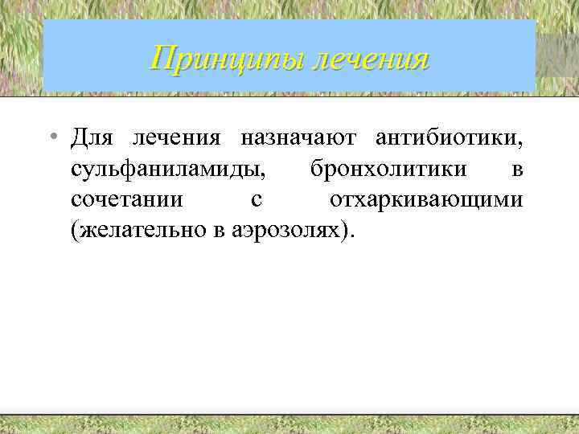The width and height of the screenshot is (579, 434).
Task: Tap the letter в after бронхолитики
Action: click(x=516, y=170)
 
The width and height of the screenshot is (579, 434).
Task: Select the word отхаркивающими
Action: click(x=426, y=199)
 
